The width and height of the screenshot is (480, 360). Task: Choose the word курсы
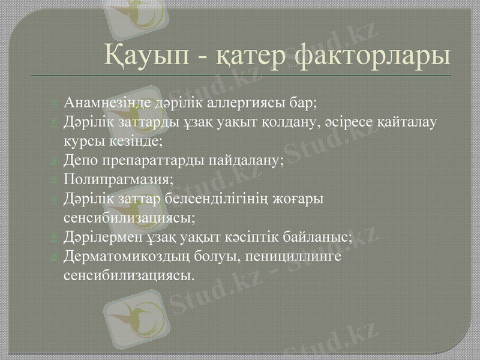pyautogui.click(x=82, y=141)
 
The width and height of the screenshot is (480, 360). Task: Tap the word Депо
pyautogui.click(x=82, y=160)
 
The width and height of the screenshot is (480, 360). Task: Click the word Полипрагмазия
pyautogui.click(x=118, y=179)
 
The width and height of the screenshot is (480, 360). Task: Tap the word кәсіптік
pyautogui.click(x=270, y=237)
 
